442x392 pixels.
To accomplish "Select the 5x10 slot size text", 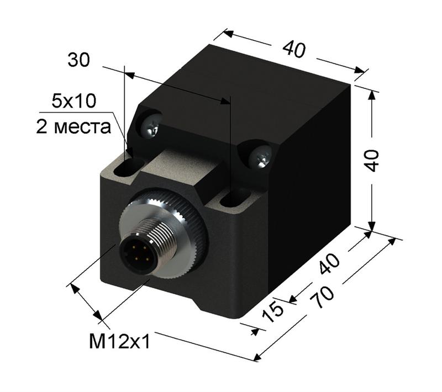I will coord(73,100).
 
